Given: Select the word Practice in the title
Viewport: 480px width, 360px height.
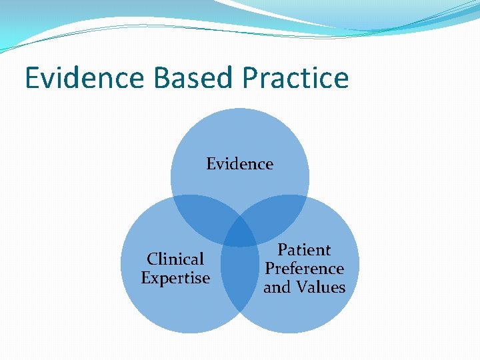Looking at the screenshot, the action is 295,78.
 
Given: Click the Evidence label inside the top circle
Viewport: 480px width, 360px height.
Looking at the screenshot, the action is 239,164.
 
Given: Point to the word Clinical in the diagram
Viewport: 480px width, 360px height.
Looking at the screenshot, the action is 175,259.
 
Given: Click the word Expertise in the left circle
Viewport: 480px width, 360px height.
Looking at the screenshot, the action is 175,278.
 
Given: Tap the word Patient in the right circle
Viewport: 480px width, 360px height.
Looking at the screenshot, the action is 304,250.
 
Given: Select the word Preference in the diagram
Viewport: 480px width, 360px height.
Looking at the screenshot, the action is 304,269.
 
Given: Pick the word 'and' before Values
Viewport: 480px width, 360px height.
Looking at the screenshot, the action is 277,287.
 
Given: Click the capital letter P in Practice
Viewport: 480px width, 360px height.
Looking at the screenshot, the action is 250,78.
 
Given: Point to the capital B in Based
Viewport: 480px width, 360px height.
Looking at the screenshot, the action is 162,78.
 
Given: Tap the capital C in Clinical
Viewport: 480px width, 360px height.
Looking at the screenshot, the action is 152,259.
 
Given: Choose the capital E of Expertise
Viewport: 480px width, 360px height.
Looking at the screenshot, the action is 146,278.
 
